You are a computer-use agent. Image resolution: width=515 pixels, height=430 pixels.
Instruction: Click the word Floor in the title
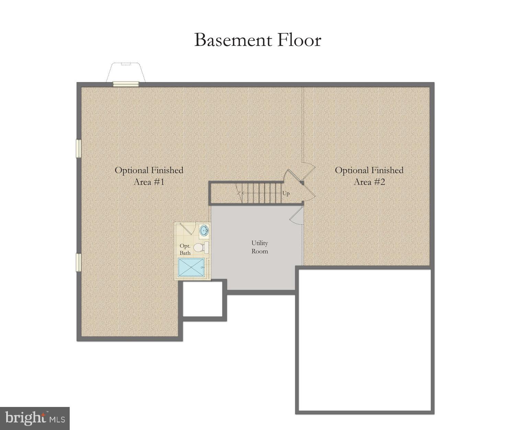click(x=299, y=40)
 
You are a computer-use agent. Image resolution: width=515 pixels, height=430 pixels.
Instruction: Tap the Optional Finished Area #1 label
click(x=149, y=176)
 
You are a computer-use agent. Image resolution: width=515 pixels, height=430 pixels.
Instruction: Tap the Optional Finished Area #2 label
click(x=369, y=176)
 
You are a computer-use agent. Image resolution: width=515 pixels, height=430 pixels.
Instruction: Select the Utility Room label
click(x=260, y=247)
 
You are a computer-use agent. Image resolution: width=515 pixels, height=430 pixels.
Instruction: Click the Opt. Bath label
click(x=185, y=249)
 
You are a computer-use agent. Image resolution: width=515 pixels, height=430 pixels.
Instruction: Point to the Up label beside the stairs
click(x=286, y=194)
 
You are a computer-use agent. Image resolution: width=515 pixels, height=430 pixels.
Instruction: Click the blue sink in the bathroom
click(x=204, y=230)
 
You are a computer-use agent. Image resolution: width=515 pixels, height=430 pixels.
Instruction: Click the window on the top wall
click(x=126, y=84)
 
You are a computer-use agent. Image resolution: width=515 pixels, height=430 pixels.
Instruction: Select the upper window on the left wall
click(x=78, y=149)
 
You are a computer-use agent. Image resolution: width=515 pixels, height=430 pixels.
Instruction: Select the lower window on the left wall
click(x=78, y=262)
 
